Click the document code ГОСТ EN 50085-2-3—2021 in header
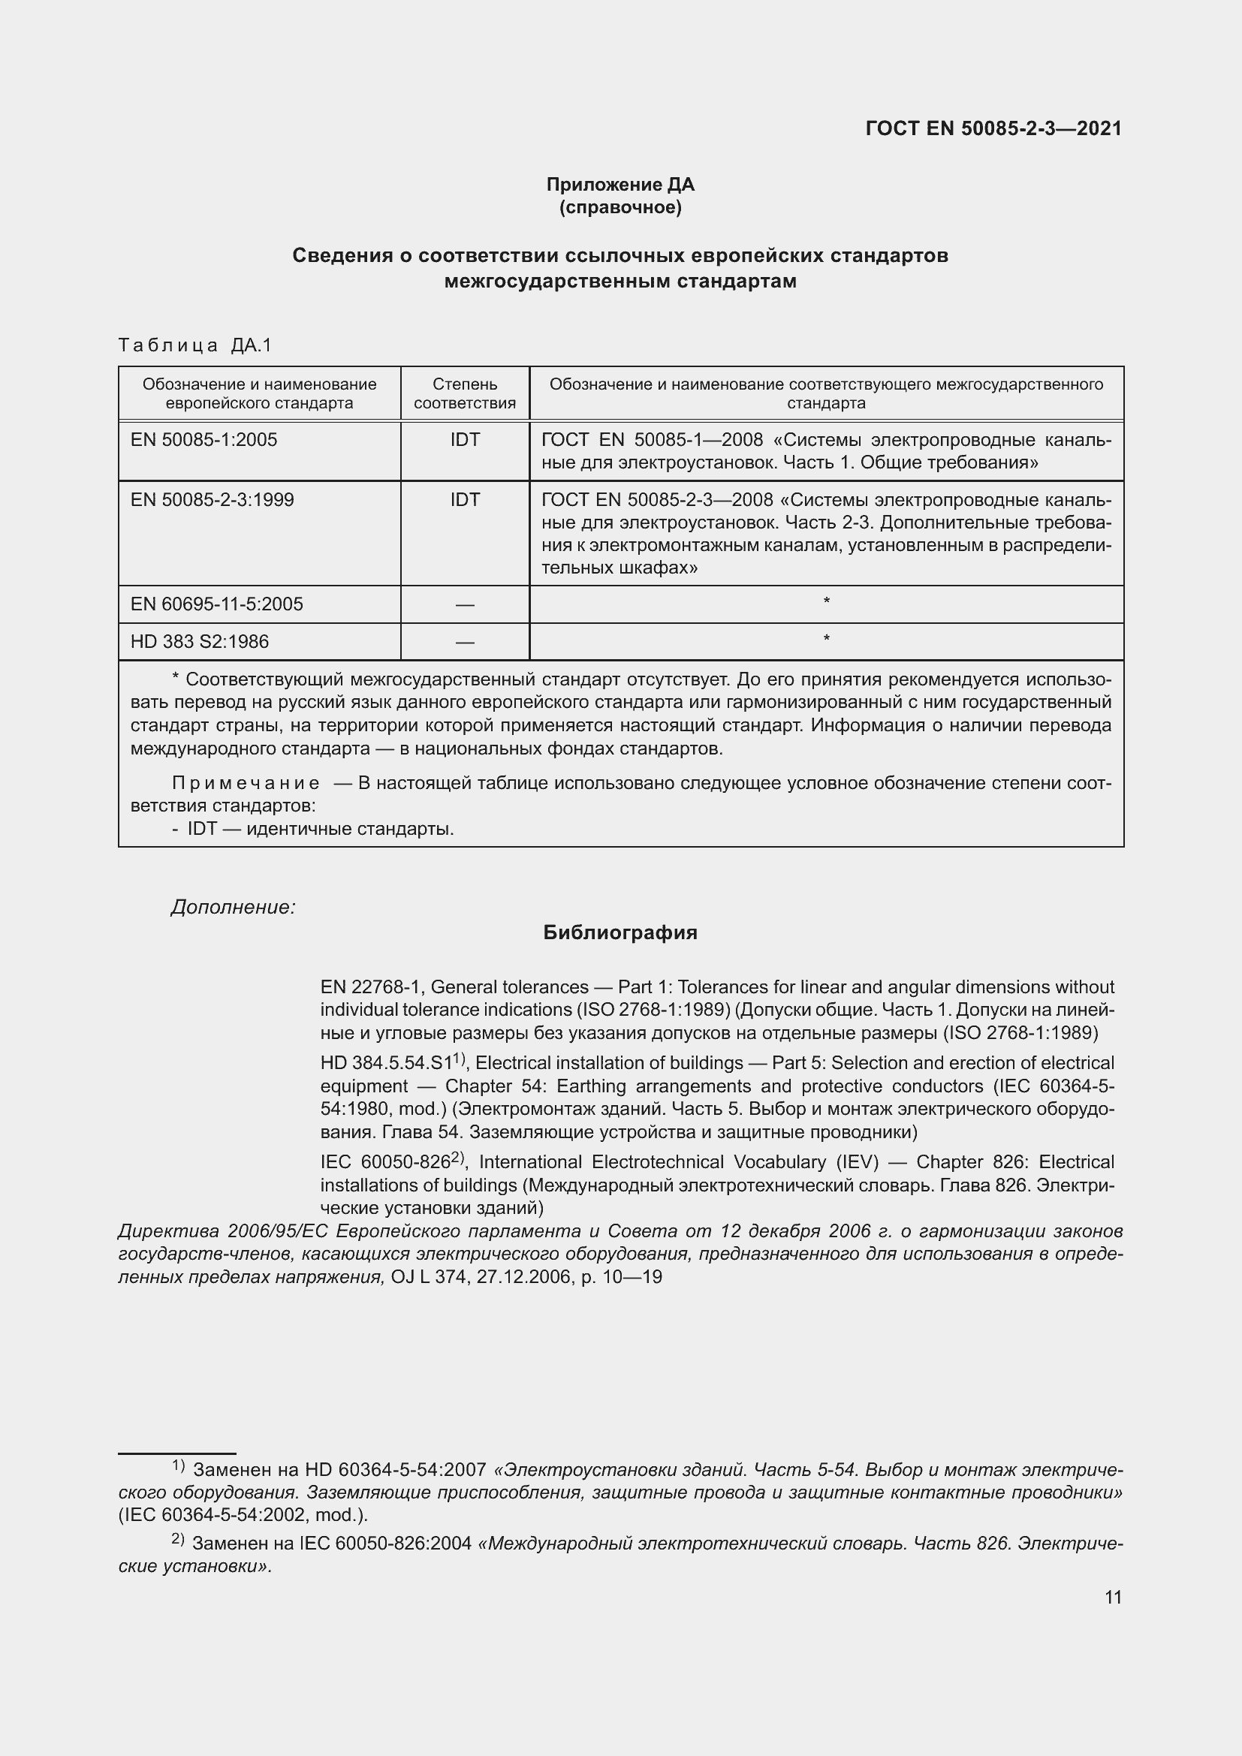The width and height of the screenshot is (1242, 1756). coord(993,128)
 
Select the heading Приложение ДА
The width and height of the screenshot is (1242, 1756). coord(619,185)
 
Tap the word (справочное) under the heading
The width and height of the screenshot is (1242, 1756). coord(619,207)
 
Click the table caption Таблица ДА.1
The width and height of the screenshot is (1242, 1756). coord(195,345)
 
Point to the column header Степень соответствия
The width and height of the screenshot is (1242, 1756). coord(464,393)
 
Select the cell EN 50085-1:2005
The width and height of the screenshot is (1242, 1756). coord(203,440)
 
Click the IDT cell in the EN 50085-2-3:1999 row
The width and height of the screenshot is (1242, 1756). coord(464,499)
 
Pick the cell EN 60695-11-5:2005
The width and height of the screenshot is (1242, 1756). coord(216,604)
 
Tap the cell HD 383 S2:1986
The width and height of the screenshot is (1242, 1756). coord(200,642)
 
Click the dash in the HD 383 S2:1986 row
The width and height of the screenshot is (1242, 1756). coord(464,643)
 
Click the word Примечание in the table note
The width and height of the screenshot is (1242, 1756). coord(246,783)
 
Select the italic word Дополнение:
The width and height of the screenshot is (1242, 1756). coord(233,907)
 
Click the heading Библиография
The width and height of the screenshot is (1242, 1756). coord(619,932)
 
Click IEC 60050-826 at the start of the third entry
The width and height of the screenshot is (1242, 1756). coord(384,1162)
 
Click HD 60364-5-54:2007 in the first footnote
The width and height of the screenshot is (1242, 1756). coord(396,1470)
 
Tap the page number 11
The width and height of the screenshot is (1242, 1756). coord(1113,1598)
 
